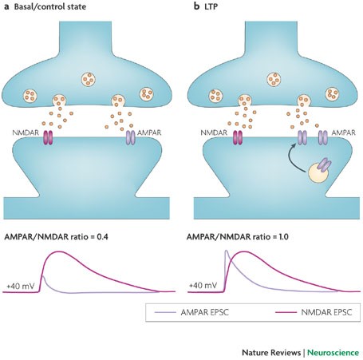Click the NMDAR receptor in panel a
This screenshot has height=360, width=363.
pos(48,137)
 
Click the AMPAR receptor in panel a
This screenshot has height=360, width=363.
pos(131,137)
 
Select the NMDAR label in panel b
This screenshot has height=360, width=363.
pos(214,133)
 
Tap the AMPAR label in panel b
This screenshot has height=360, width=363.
pos(343,133)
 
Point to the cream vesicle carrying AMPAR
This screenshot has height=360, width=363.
pos(318,173)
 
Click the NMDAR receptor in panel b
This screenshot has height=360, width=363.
pos(238,137)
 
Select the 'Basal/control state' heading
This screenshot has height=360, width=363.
pos(50,6)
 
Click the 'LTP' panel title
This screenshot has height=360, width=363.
pos(211,6)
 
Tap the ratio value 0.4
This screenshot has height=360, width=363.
pos(102,236)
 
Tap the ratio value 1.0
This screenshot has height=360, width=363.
pos(283,236)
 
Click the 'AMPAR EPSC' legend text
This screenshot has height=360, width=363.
pos(205,312)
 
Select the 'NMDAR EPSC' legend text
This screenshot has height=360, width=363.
pos(326,312)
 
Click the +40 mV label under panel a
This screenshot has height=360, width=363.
pos(21,287)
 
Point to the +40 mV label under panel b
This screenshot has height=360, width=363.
pos(203,286)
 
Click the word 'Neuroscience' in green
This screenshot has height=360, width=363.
pos(333,353)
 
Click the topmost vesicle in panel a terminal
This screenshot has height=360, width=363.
pos(89,79)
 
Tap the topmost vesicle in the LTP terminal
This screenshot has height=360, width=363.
pos(274,79)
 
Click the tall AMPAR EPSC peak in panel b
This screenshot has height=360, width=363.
pos(227,251)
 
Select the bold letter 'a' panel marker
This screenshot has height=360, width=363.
pos(7,7)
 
